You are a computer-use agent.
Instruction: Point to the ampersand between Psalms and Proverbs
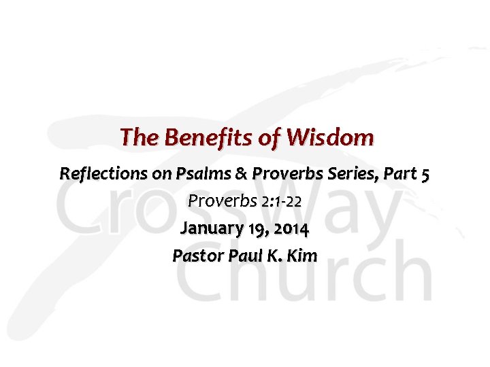242,174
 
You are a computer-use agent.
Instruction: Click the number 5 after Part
425,175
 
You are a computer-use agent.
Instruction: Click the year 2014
291,229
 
